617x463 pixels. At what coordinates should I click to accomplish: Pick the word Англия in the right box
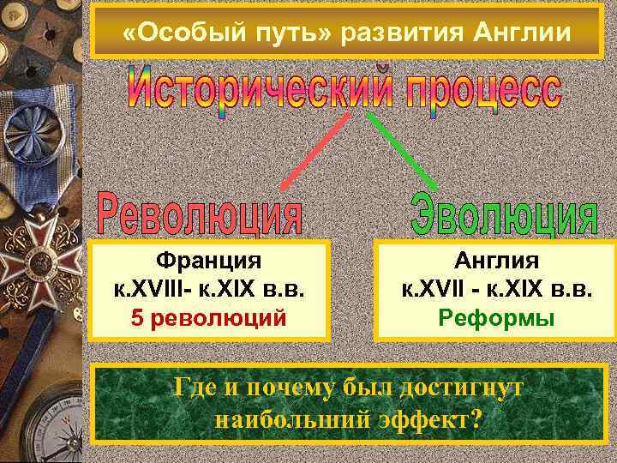pos(497,259)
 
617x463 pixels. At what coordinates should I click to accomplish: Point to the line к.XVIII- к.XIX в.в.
pos(208,289)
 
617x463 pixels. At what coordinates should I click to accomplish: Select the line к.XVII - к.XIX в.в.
pos(497,289)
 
